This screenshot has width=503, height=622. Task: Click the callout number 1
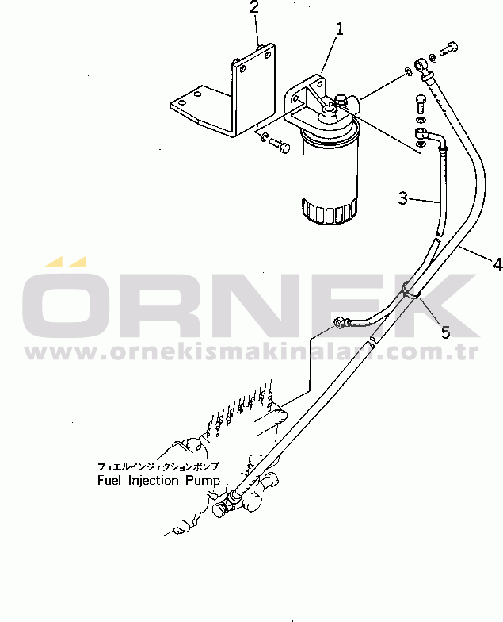click(340, 29)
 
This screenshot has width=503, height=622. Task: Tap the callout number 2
click(254, 8)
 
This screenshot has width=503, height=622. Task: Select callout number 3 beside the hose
click(403, 198)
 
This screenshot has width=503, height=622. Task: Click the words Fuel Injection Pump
click(149, 481)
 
